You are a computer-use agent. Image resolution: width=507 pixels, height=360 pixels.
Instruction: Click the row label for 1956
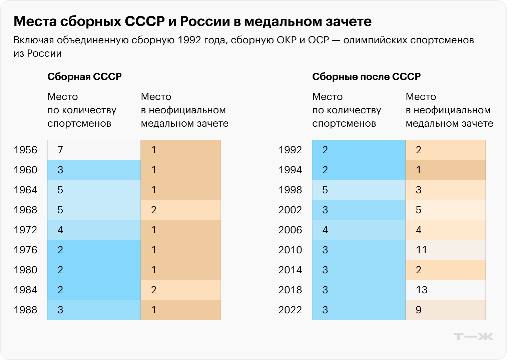click(x=25, y=150)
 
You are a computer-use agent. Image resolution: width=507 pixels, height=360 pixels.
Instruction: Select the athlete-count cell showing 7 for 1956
click(x=94, y=150)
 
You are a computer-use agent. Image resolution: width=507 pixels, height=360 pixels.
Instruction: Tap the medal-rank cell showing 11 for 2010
click(x=445, y=250)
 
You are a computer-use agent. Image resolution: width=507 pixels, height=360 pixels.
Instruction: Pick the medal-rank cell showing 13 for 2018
click(x=445, y=290)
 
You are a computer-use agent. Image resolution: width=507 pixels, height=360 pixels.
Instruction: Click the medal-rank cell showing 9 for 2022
click(x=445, y=310)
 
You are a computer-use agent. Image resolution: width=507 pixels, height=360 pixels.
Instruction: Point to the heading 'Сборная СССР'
click(x=84, y=77)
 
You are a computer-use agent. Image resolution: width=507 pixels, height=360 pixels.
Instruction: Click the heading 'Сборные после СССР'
click(x=366, y=77)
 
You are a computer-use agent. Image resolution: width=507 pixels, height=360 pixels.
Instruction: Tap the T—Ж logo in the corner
click(x=473, y=337)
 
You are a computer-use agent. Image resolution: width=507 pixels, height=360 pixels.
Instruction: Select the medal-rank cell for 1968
click(x=180, y=210)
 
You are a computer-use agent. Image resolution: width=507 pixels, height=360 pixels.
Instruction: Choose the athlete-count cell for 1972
click(x=94, y=230)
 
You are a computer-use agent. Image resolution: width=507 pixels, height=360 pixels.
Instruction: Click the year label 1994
click(x=290, y=170)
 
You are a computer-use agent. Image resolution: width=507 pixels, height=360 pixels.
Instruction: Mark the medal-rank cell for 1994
click(x=445, y=170)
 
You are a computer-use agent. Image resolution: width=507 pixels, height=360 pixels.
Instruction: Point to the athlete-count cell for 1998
click(x=359, y=190)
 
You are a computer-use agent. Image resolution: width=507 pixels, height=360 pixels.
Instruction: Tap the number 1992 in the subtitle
click(x=189, y=40)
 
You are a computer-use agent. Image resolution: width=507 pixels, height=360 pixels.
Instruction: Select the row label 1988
click(x=25, y=310)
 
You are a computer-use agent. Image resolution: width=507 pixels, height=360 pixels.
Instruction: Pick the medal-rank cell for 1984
click(x=180, y=290)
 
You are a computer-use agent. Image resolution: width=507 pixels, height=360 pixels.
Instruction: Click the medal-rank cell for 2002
click(x=445, y=210)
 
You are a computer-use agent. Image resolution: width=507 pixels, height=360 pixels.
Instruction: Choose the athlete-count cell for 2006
click(x=359, y=230)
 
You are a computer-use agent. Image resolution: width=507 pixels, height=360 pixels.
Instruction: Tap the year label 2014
click(x=290, y=270)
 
